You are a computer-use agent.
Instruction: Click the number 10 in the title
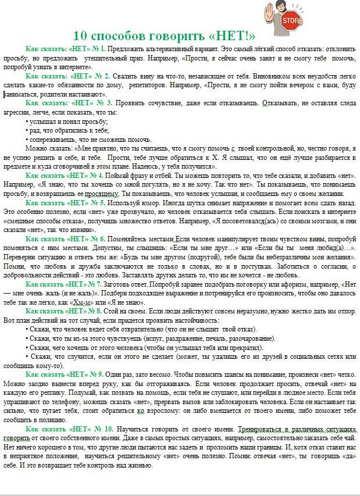tap(82, 35)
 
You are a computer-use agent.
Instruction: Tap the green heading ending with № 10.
tap(70, 429)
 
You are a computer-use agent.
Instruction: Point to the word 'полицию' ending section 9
tap(58, 419)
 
